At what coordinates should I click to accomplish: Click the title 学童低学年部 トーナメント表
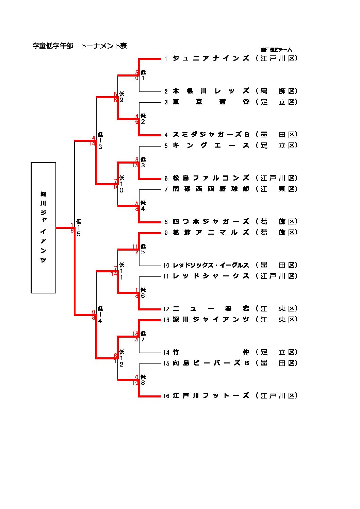(80, 46)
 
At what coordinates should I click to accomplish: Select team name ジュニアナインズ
(211, 58)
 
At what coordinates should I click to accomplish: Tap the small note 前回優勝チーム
(276, 50)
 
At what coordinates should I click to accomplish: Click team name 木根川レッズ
(211, 91)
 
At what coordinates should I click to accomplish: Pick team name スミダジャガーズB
(211, 135)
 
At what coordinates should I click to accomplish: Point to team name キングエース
(211, 146)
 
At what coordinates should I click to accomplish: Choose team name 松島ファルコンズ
(211, 178)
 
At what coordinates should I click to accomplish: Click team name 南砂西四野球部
(211, 189)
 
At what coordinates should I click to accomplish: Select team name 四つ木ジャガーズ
(211, 222)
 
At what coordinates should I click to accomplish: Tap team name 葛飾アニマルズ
(211, 233)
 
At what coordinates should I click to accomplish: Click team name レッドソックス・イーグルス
(211, 265)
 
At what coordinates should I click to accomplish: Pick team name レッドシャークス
(211, 276)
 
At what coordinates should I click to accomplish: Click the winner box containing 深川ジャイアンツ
(44, 227)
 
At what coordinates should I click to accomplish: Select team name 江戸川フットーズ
(211, 396)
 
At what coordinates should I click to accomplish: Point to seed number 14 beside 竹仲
(166, 353)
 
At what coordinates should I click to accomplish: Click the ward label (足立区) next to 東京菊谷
(277, 102)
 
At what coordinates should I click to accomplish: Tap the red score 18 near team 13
(135, 334)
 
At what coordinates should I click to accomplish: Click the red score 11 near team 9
(135, 247)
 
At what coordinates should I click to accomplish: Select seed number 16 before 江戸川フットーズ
(166, 396)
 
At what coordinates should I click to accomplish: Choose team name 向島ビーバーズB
(211, 363)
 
